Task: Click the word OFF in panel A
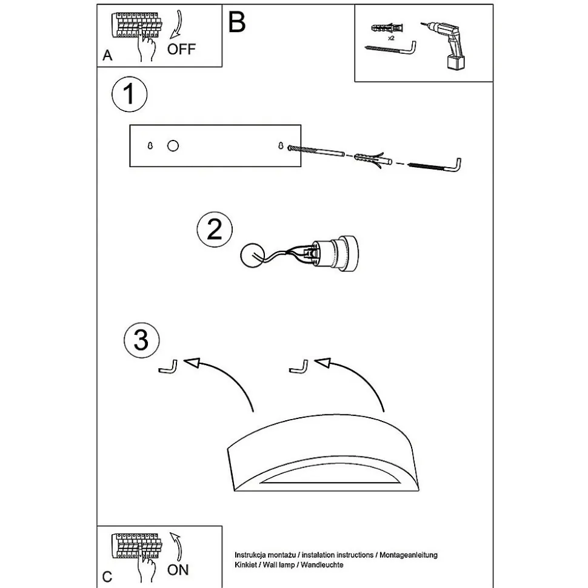click(182, 48)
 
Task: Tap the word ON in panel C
click(178, 569)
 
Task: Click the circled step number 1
click(129, 95)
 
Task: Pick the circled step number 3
click(141, 340)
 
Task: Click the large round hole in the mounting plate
click(173, 146)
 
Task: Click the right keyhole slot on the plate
click(281, 146)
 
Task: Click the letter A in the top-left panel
click(107, 56)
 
